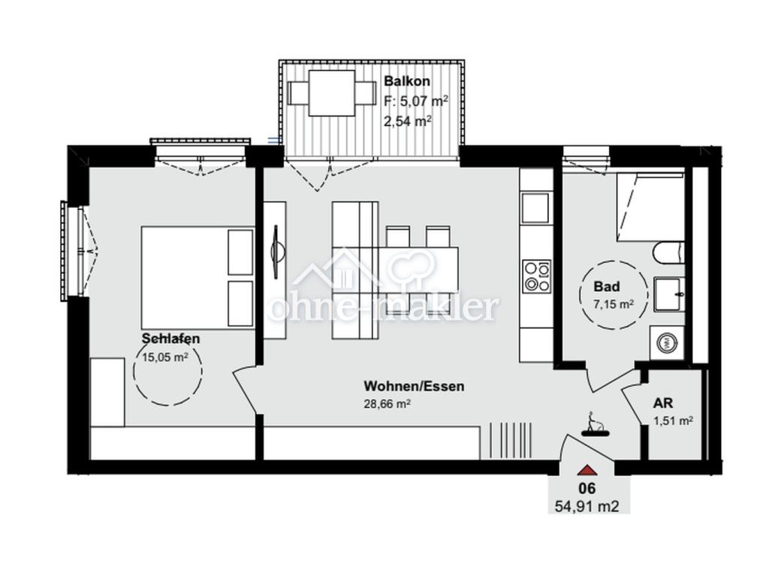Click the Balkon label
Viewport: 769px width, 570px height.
(x=406, y=81)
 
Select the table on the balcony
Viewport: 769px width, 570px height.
(x=331, y=92)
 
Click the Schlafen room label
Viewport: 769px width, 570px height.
(x=170, y=339)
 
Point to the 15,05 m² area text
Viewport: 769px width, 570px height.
(x=164, y=357)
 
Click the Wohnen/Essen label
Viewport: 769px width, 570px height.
(x=414, y=386)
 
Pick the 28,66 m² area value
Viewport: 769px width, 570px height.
(x=387, y=404)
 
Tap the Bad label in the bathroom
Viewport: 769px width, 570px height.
(x=607, y=286)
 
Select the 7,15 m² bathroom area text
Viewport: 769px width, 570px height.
(x=614, y=304)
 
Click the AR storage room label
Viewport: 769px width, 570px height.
(x=663, y=403)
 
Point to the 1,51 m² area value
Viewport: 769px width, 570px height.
(x=673, y=421)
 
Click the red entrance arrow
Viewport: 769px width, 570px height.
(x=587, y=470)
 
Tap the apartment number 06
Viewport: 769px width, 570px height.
(x=587, y=488)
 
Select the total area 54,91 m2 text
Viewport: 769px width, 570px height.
(x=587, y=505)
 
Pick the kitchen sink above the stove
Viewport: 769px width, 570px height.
(x=535, y=208)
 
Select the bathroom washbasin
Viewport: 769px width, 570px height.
(x=668, y=294)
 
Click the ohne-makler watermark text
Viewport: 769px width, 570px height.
(x=385, y=308)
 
